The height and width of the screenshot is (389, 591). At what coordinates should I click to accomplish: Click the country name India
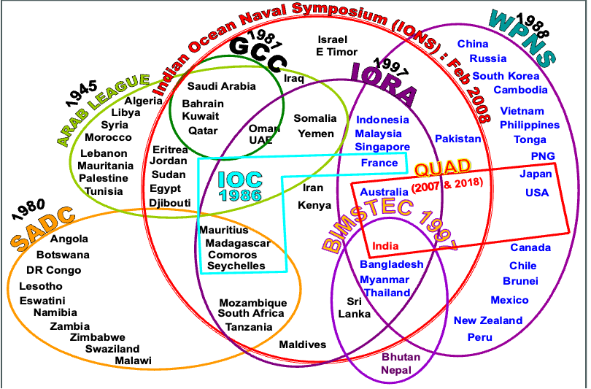pos(385,246)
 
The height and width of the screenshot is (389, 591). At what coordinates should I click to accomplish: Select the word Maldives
pos(303,344)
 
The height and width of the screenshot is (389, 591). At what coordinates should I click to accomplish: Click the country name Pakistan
pos(457,139)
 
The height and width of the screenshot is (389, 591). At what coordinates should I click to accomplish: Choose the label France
pos(379,163)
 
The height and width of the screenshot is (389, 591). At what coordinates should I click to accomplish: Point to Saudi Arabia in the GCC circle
pos(222,86)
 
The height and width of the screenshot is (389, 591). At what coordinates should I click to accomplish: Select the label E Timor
pos(336,52)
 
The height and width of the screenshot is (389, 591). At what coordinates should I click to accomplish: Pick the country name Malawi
pos(133,361)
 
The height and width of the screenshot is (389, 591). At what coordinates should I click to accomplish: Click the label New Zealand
pos(488,320)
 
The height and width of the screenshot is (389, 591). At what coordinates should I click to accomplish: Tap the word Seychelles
pos(236,266)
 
